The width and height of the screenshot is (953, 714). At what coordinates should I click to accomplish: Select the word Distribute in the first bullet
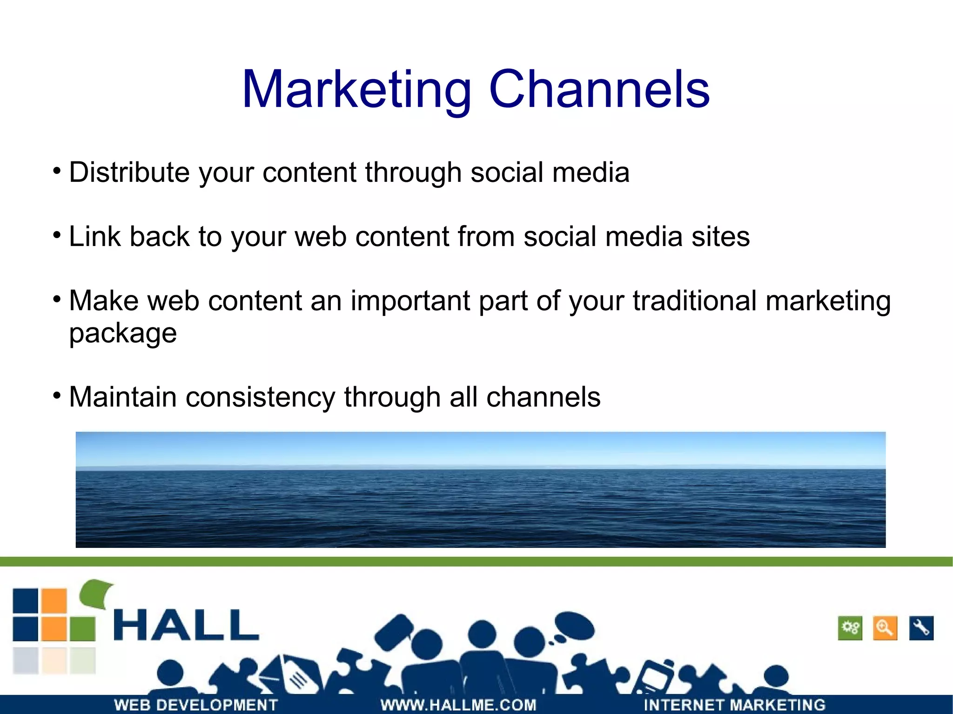point(129,172)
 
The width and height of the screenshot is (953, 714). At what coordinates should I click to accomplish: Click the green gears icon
point(850,628)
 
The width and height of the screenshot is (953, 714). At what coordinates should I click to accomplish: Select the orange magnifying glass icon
point(885,628)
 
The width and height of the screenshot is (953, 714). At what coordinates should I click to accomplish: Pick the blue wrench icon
point(921,628)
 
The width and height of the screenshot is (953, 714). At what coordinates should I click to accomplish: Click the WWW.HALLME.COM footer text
point(458,705)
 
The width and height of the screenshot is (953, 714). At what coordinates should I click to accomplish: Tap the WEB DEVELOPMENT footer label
point(196,705)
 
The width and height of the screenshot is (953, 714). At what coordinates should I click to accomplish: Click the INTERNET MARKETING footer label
point(734,705)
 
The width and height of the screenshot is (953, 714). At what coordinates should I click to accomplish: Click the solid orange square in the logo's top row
point(54,601)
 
